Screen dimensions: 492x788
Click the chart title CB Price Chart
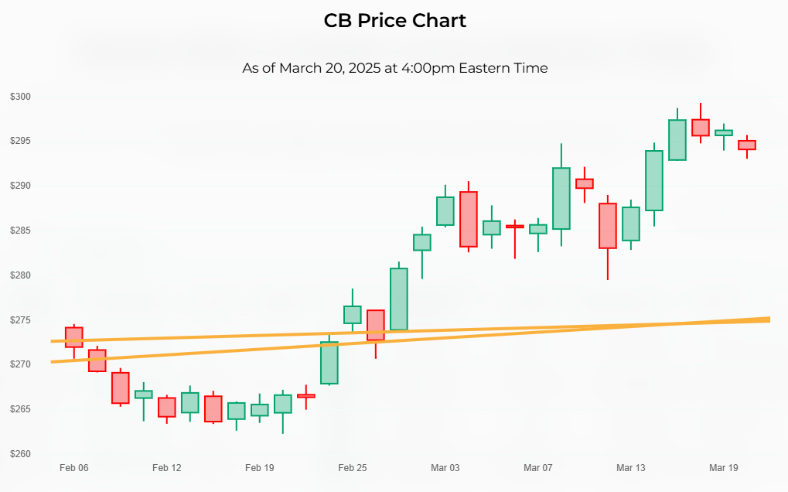coord(394,21)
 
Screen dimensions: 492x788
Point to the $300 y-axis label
coord(20,97)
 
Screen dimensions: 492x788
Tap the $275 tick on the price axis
coord(20,319)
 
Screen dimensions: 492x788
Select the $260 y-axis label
coord(20,453)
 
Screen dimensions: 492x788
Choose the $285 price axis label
coord(20,231)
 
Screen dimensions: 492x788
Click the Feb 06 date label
coord(73,468)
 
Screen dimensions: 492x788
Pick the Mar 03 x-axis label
coord(445,468)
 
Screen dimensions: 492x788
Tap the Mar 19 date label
coord(724,468)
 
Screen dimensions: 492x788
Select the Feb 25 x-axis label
coord(352,468)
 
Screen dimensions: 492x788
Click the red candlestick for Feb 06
coord(73,337)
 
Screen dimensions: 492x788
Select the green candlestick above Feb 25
coord(353,314)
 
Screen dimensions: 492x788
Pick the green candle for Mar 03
coord(445,210)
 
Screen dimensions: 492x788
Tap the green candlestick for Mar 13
coord(631,224)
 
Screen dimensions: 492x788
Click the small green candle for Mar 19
coord(724,132)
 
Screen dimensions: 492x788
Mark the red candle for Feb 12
coord(167,408)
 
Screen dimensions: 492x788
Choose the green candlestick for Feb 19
coord(260,410)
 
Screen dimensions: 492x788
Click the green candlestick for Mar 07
coord(538,229)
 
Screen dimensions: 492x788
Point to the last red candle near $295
coord(747,145)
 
